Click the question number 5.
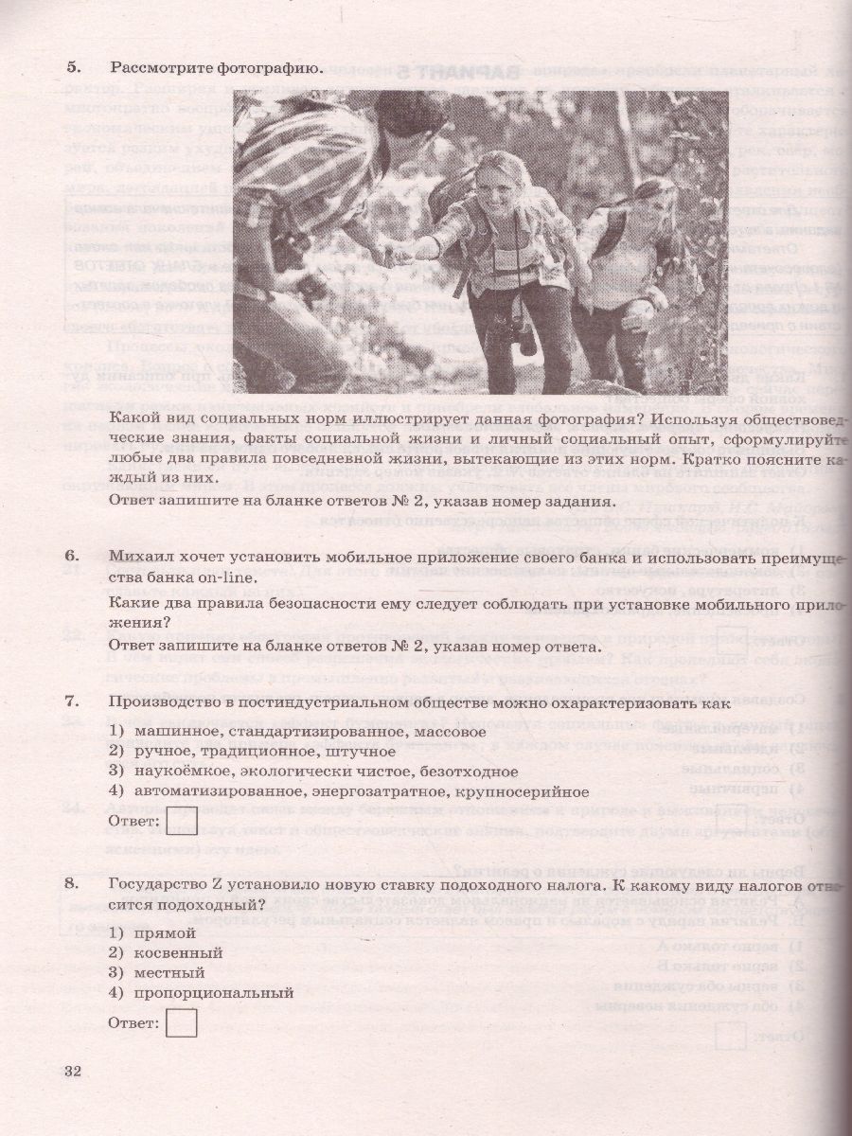[73, 67]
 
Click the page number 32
[73, 1071]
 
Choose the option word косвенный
[178, 952]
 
